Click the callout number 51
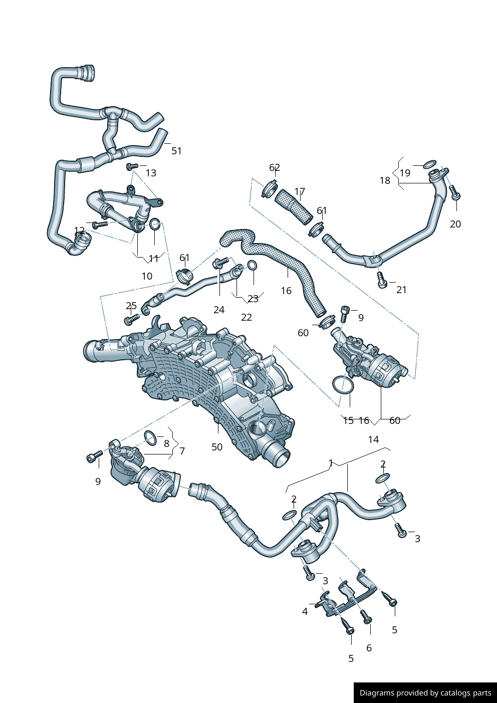pos(176,151)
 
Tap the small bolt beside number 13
pos(132,166)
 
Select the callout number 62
pos(275,168)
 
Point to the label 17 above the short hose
pos(300,192)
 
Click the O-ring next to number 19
pos(430,164)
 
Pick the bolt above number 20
pos(454,193)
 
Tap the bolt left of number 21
pos(382,280)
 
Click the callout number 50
pos(217,447)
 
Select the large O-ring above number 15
pos(343,384)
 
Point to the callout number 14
pos(373,439)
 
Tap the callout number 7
pos(182,451)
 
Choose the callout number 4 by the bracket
pos(305,611)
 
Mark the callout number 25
pos(131,306)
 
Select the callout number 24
pos(219,310)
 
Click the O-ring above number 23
pos(253,265)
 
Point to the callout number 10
pos(147,276)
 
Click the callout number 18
pos(385,180)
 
